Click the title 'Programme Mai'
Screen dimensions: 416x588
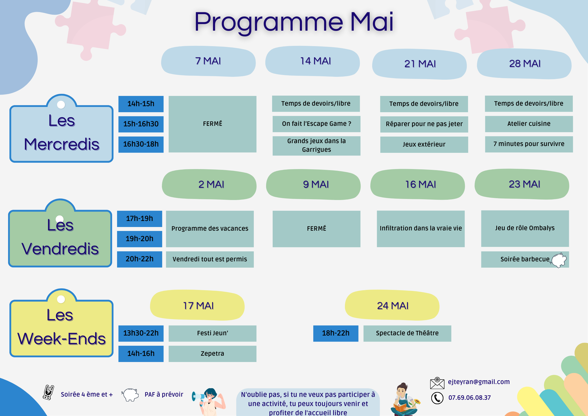294,22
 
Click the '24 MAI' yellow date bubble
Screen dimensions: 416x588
392,306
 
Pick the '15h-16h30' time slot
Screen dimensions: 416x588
141,124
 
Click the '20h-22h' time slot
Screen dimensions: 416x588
140,259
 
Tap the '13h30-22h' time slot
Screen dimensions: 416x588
141,333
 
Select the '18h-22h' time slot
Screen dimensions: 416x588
336,333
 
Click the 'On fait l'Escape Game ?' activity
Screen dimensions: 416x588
316,124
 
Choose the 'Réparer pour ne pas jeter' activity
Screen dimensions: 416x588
424,124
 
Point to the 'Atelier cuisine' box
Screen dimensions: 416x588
529,124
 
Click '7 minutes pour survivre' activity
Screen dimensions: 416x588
529,144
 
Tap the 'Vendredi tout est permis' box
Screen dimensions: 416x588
210,259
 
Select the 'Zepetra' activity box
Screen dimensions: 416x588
212,354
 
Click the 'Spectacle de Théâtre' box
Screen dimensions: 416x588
407,333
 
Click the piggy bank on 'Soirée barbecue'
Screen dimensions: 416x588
559,260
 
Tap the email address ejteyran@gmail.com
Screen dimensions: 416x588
479,382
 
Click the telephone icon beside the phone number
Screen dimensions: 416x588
437,398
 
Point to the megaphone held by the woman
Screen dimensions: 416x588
198,397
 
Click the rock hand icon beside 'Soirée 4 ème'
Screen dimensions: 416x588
48,392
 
